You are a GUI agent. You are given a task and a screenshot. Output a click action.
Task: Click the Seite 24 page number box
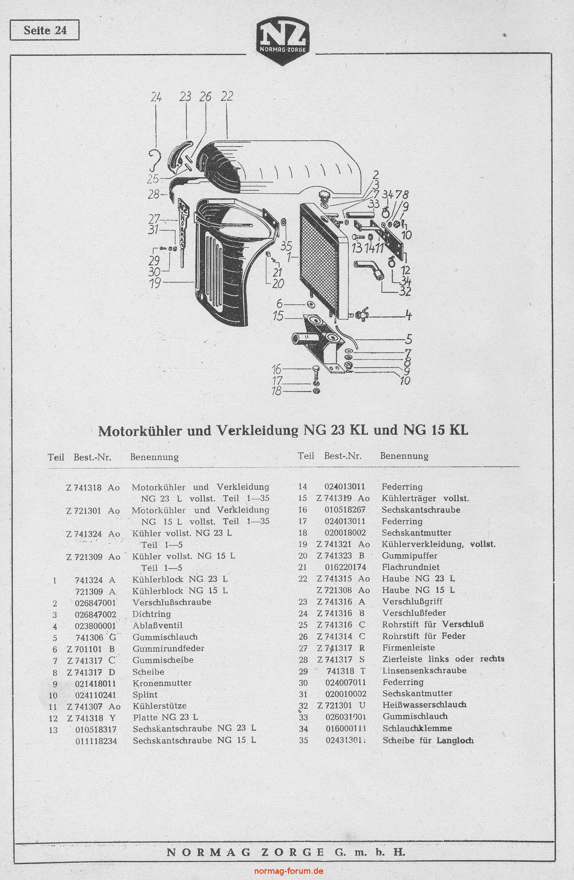(44, 30)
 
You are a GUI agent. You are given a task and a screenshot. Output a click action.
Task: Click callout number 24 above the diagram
(156, 97)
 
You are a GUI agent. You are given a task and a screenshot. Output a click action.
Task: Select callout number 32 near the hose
(405, 291)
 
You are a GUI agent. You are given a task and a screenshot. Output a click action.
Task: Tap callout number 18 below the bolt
(277, 391)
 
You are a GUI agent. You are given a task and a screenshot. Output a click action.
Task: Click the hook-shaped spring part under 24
(155, 160)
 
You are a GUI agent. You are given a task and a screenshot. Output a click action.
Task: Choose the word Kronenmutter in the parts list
(162, 683)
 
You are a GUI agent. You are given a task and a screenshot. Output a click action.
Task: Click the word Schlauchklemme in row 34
(417, 728)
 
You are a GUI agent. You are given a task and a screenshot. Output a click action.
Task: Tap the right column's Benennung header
(404, 456)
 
